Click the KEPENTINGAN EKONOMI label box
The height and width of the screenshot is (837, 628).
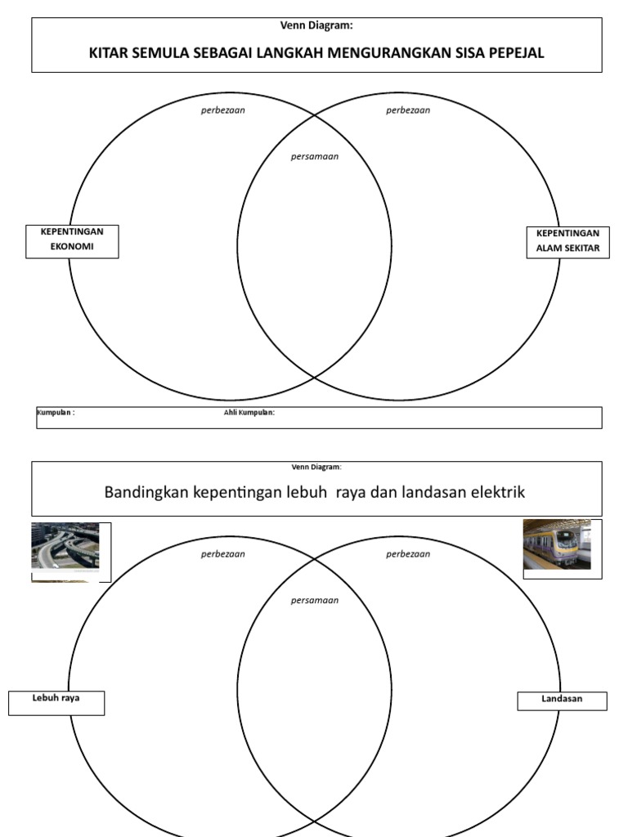pos(72,241)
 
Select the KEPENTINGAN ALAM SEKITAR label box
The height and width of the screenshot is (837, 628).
pos(567,242)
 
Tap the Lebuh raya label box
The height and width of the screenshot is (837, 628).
pos(56,702)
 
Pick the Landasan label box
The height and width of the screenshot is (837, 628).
pos(562,700)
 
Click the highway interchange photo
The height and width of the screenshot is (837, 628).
pos(65,546)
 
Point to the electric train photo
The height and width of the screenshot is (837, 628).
pos(557,544)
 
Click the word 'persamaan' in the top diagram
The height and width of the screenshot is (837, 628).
pos(315,157)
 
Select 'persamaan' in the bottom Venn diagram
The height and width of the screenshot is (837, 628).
pos(315,600)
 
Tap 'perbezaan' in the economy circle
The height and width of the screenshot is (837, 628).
pos(223,110)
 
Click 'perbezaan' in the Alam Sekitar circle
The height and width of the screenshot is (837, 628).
pos(408,110)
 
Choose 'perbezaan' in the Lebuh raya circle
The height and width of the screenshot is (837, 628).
pos(223,554)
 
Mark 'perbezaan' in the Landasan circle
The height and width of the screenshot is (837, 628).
pos(408,554)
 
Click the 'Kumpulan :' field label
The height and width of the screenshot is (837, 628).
pos(56,413)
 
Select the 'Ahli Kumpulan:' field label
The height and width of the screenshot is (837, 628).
pos(249,413)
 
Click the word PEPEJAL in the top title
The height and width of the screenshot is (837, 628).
pos(513,54)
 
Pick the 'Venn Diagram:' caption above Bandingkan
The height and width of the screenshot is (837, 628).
pos(316,467)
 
